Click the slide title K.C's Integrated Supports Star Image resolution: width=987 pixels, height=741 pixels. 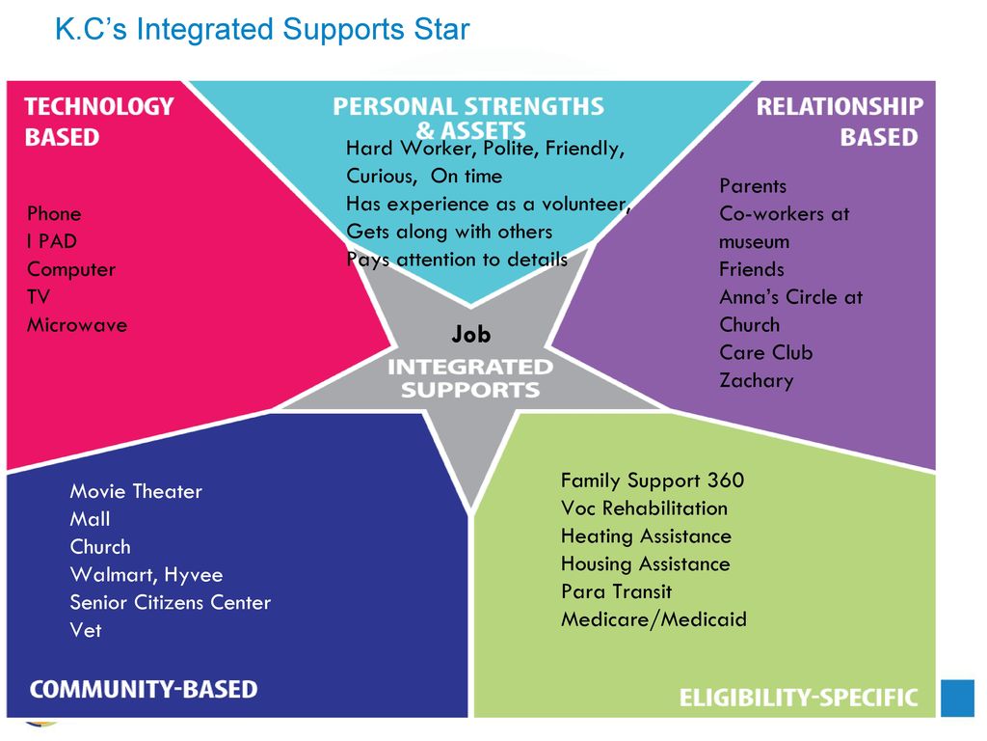click(x=262, y=30)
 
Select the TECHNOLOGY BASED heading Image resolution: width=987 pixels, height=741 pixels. click(x=99, y=122)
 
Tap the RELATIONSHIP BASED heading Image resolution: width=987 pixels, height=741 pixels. click(x=839, y=122)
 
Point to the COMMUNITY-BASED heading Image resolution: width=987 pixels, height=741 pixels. click(x=144, y=690)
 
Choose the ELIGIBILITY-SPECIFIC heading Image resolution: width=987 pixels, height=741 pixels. click(x=799, y=698)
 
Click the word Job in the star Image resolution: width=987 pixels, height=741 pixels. click(x=470, y=335)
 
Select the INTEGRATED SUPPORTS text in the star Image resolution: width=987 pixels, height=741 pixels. click(x=470, y=378)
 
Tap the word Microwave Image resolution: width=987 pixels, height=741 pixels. click(x=77, y=325)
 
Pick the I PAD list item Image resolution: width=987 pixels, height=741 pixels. click(x=51, y=241)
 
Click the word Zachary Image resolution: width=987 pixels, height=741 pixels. click(x=756, y=380)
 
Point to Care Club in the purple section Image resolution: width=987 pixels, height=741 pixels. click(x=765, y=352)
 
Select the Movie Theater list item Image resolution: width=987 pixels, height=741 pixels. click(x=136, y=491)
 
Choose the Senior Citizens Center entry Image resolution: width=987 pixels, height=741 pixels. click(x=170, y=602)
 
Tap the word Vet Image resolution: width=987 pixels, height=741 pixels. click(x=85, y=630)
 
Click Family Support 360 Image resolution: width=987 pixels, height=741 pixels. click(x=653, y=480)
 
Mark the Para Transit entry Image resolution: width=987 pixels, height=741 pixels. click(x=616, y=591)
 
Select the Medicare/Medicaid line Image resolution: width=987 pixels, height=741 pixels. click(x=654, y=619)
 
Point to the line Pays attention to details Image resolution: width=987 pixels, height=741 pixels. click(x=457, y=260)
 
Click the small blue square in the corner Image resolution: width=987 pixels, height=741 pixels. click(x=957, y=699)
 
